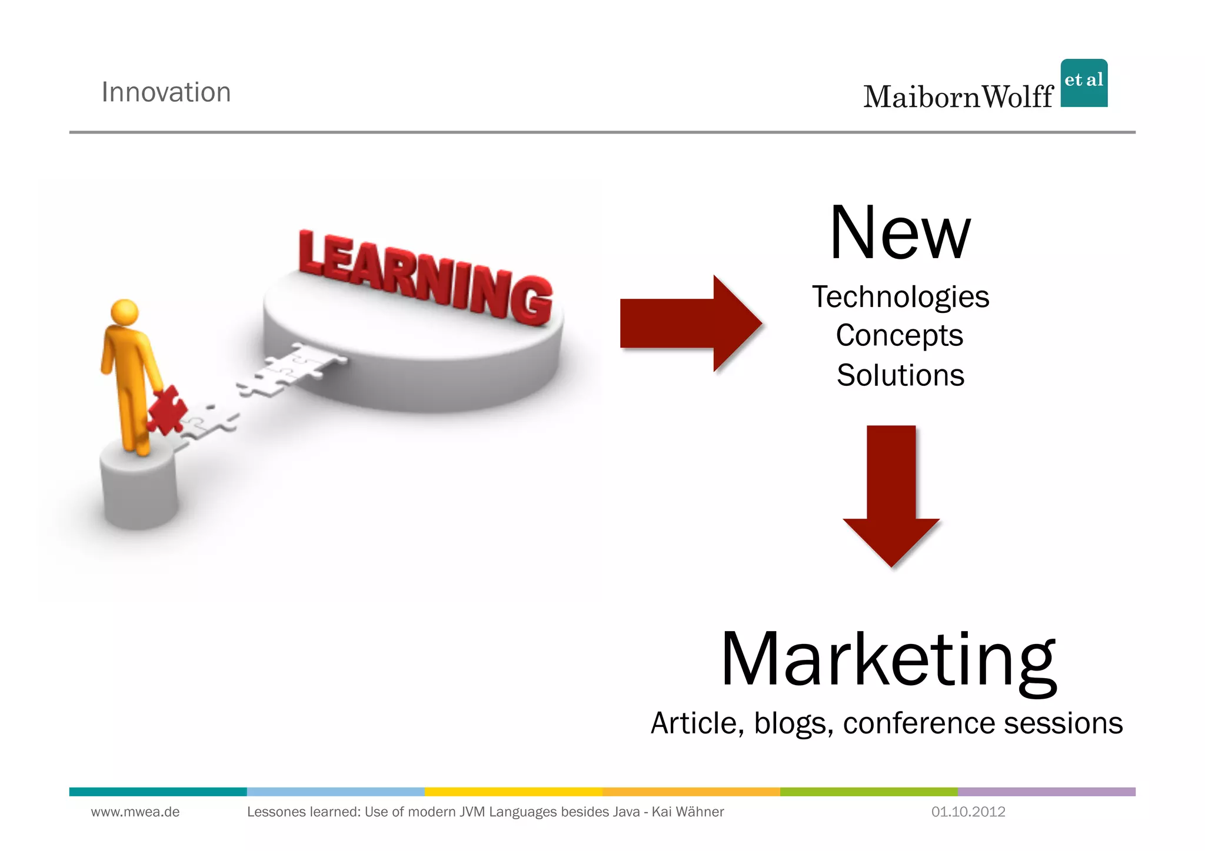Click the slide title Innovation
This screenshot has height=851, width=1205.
tap(166, 92)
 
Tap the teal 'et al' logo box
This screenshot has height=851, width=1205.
tap(1083, 83)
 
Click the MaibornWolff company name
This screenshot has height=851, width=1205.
tap(958, 97)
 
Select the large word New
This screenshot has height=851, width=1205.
tap(900, 233)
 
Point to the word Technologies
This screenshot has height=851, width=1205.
tap(900, 297)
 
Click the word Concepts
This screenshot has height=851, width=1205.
tap(900, 336)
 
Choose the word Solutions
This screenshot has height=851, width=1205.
tap(900, 375)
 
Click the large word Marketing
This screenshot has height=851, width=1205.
tap(888, 660)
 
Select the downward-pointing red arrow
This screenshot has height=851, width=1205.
tap(891, 494)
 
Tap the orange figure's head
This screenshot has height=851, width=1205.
tap(124, 311)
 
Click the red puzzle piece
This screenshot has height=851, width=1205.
tap(166, 410)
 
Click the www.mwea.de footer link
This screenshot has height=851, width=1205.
tap(135, 812)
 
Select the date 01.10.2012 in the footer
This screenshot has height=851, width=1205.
tap(968, 812)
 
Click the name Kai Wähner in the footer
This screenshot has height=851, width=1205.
tap(687, 812)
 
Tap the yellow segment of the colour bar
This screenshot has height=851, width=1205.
tap(513, 792)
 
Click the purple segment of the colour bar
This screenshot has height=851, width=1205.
tap(1046, 792)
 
